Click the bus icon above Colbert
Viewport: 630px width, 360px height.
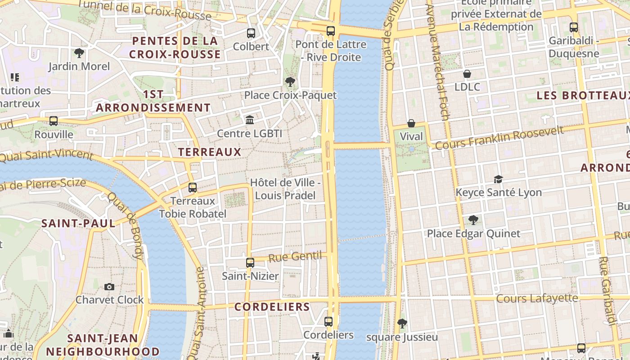click(251, 33)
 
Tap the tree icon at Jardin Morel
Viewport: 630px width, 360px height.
click(79, 53)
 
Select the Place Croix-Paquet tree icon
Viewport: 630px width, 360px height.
click(290, 82)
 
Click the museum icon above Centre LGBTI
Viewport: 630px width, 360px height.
click(250, 120)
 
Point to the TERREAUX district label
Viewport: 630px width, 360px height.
click(210, 152)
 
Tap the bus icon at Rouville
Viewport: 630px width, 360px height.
click(54, 121)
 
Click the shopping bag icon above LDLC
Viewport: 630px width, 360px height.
click(467, 74)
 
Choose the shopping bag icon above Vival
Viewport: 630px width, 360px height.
click(411, 123)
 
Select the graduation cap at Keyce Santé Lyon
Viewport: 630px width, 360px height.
click(498, 180)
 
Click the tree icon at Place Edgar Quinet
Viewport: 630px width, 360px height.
click(473, 220)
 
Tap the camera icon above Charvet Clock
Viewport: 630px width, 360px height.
click(109, 287)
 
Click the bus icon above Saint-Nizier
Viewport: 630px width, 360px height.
click(250, 263)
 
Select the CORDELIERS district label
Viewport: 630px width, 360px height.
click(272, 307)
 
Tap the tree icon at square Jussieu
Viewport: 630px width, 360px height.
click(402, 323)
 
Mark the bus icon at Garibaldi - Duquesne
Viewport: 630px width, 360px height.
click(574, 27)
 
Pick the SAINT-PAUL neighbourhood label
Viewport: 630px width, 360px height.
click(78, 224)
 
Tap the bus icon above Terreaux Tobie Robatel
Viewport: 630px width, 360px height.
click(193, 188)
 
